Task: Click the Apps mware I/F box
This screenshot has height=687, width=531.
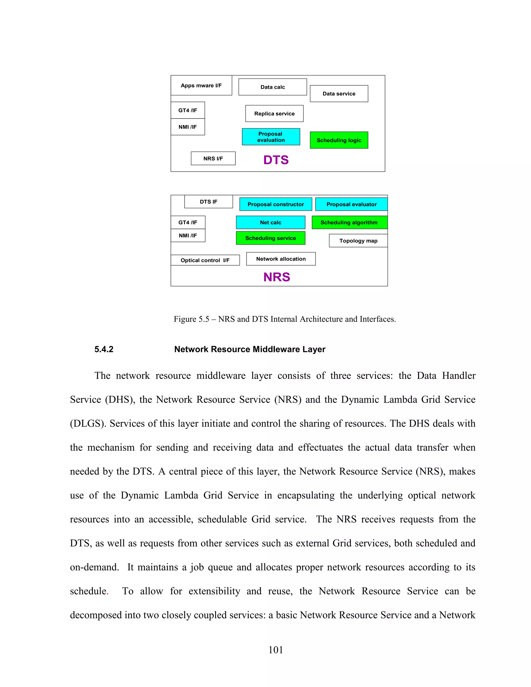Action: pos(201,85)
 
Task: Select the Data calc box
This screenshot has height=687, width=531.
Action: pos(273,87)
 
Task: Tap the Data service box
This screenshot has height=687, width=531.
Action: pos(339,93)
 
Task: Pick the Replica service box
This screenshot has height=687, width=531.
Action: pos(274,114)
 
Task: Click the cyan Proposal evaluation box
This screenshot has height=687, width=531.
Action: pos(271,137)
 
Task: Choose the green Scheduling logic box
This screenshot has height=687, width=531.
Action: pos(339,140)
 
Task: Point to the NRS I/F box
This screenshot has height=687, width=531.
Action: pos(213,159)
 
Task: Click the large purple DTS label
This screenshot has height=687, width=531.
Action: pos(276,160)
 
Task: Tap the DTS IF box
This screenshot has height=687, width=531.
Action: pos(208,202)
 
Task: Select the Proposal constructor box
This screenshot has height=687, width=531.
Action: pos(276,204)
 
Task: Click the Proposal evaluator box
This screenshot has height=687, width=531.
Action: pos(351,204)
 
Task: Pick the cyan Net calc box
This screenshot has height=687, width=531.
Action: pos(270,222)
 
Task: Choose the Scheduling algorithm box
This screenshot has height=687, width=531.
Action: pos(349,222)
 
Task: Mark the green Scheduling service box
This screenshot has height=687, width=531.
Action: pos(270,238)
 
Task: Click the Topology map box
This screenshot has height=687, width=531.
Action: pos(358,241)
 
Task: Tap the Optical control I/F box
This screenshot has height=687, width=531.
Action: pos(205,260)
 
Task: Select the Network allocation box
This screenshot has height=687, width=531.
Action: pos(281,259)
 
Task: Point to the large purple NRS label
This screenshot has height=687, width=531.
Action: pos(276,277)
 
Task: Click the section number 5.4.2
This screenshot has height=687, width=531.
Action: pos(104,349)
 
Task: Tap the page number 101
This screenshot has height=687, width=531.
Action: pos(276,650)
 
